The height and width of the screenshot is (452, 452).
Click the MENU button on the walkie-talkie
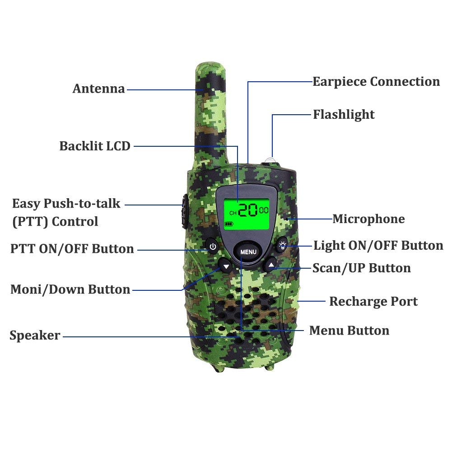point(248,252)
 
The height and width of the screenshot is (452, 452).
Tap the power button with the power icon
point(212,247)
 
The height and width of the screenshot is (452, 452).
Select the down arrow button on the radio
point(226,266)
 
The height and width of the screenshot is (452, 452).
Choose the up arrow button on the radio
point(270,264)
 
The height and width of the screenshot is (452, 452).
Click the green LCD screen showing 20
point(247,214)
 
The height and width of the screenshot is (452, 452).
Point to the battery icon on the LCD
point(229,224)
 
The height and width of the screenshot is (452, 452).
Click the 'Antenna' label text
point(98,89)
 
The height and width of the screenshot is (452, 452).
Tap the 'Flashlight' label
point(344,115)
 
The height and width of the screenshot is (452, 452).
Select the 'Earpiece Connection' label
point(376,82)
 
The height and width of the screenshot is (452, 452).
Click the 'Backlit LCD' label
point(95,146)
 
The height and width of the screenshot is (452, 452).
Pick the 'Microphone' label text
point(369,219)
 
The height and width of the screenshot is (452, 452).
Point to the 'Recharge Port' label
point(373,302)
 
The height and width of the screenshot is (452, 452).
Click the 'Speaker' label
point(35,335)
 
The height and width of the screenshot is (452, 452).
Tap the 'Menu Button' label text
point(349,331)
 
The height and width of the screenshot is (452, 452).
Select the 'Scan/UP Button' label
point(362,268)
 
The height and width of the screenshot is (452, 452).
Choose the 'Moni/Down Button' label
point(70,289)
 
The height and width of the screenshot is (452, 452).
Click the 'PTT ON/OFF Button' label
point(72,249)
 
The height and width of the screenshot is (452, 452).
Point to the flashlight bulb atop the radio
point(270,160)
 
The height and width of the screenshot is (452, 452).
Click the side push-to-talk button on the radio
point(185,211)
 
